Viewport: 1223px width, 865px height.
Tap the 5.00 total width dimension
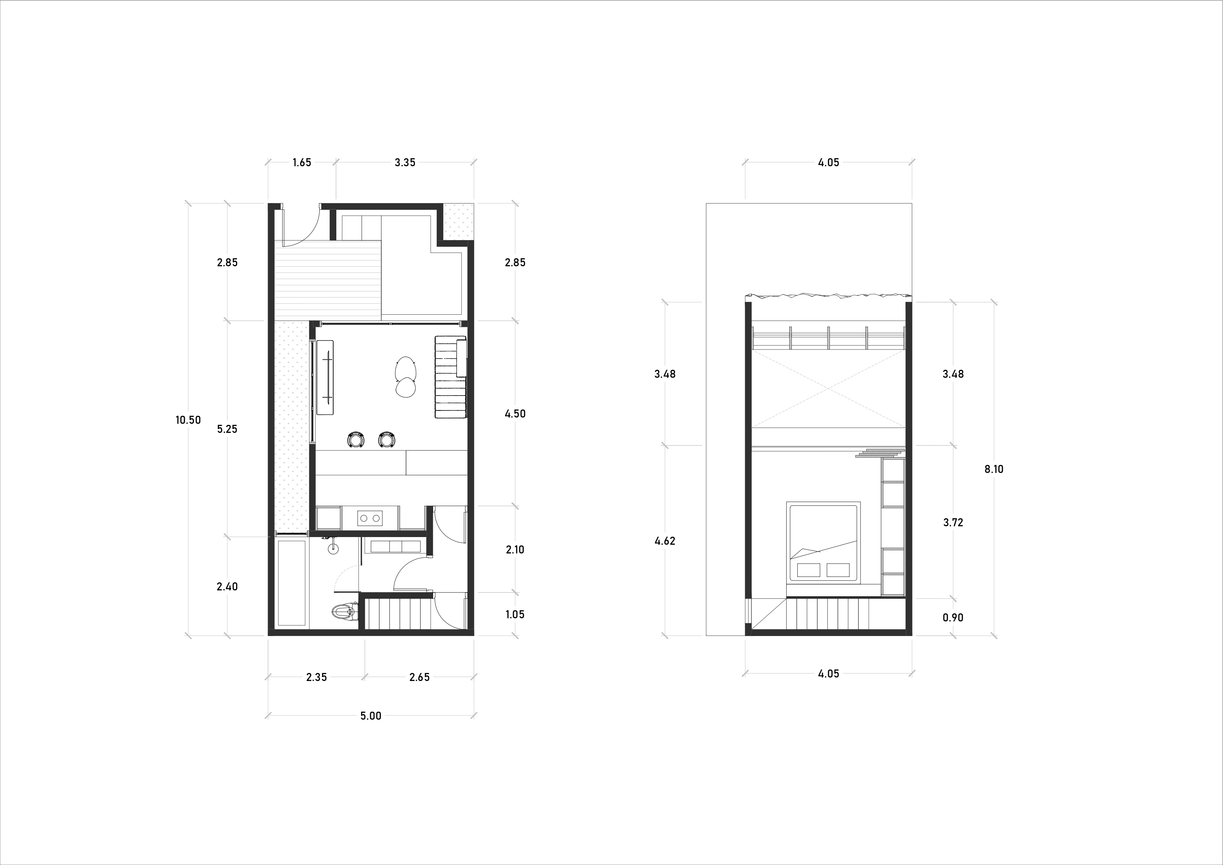tap(371, 716)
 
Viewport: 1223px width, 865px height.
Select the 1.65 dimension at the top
tap(301, 162)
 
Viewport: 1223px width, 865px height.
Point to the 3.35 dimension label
tap(405, 162)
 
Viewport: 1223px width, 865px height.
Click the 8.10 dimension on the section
tap(994, 469)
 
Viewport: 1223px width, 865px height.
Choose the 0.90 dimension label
tap(953, 618)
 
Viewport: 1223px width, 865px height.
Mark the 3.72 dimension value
tap(953, 522)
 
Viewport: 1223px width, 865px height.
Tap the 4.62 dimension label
tap(665, 541)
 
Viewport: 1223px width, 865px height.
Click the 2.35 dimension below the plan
tap(316, 678)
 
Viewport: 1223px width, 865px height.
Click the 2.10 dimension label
tap(515, 550)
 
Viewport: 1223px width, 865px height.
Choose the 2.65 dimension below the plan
tap(419, 678)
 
